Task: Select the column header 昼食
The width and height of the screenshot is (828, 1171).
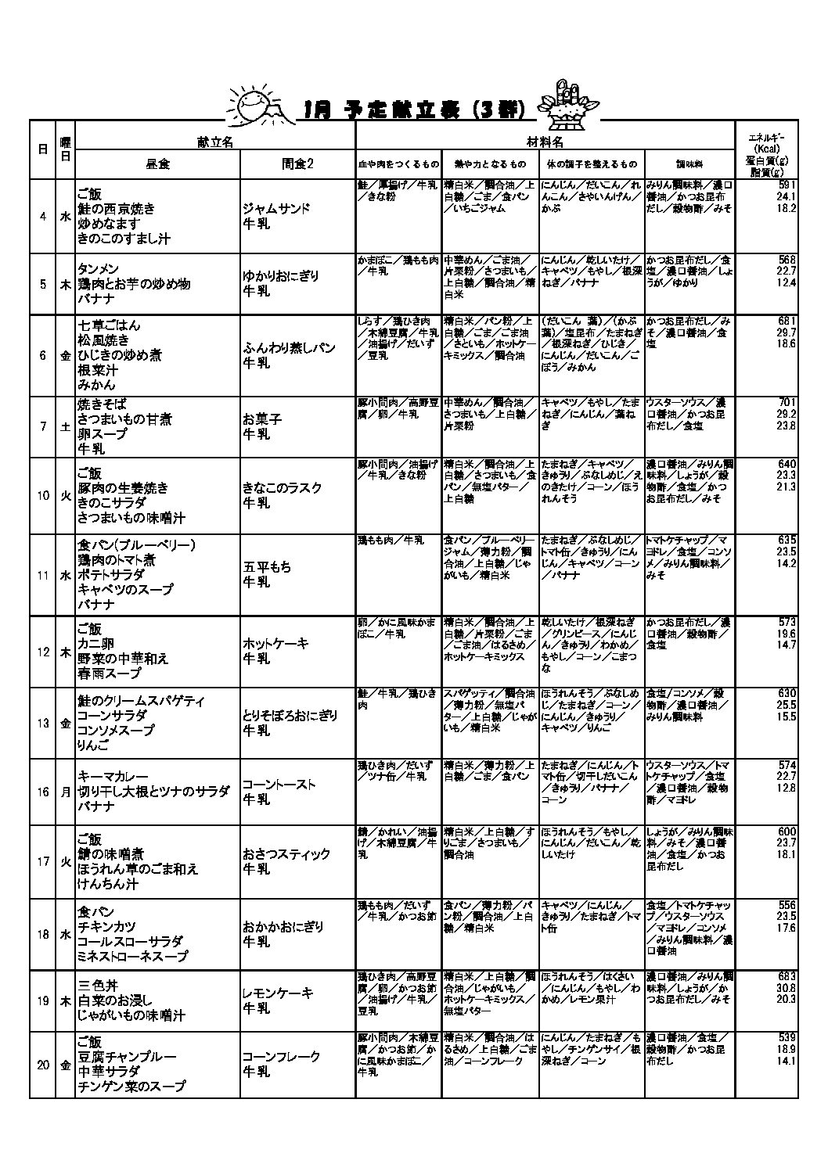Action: click(157, 164)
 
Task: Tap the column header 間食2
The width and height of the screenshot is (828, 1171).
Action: click(297, 164)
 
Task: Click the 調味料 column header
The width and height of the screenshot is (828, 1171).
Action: click(689, 164)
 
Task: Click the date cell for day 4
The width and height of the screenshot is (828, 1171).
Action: click(42, 217)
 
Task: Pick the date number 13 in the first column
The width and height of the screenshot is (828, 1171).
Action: click(43, 723)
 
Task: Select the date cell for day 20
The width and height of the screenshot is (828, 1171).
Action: click(43, 1064)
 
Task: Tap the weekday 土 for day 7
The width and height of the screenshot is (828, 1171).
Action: click(66, 427)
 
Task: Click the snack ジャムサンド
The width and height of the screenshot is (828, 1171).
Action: click(276, 209)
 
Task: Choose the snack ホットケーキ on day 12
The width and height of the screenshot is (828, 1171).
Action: click(275, 644)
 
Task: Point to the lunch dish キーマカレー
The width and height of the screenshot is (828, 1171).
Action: click(113, 776)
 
